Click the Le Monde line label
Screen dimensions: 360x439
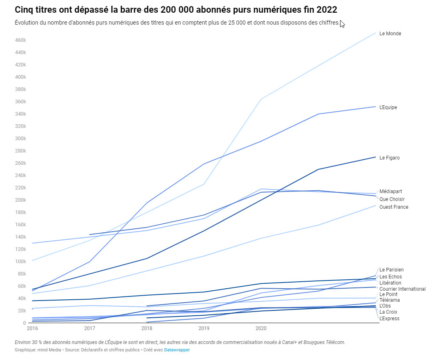coord(390,34)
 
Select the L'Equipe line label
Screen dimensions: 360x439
coord(388,107)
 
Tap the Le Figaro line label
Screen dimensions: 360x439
coord(389,158)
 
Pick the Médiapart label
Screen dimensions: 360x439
coord(391,191)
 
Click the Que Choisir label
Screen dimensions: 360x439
coord(392,199)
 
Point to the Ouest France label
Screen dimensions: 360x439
coord(393,207)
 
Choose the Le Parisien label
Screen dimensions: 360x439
coord(391,270)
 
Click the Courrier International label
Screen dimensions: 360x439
coord(402,289)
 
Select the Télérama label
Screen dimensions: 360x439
coord(389,300)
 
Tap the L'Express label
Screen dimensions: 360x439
coord(389,319)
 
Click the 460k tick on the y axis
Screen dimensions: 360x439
coord(21,40)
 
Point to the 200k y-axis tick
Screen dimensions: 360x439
coord(21,200)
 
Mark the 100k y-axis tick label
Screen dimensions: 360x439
coord(21,262)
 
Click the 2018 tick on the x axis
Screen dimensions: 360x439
coord(146,328)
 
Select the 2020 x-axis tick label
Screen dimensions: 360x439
coord(261,328)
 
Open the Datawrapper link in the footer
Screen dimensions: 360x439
coord(177,350)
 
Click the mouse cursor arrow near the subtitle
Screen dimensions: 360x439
coord(342,24)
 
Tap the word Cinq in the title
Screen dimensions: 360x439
coord(24,9)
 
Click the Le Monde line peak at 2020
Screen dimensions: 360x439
coord(261,99)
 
